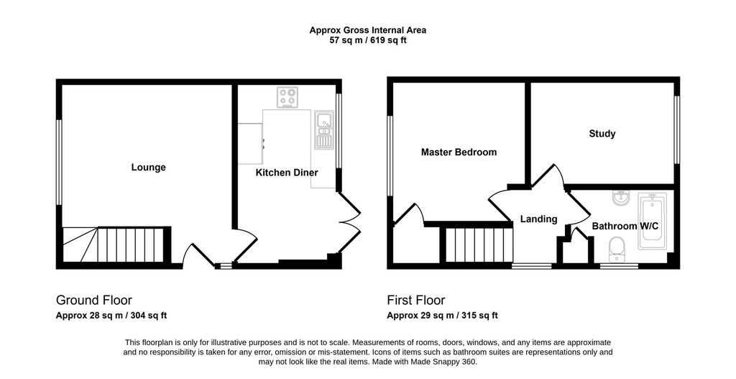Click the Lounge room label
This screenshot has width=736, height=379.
148,167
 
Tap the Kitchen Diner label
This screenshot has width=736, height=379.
287,173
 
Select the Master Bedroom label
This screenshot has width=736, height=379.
459,152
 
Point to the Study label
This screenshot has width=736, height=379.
602,134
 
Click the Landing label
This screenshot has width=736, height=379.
539,219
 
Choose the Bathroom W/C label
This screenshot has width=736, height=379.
625,227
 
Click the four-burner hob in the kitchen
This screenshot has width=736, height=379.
287,98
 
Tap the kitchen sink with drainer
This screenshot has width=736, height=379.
323,129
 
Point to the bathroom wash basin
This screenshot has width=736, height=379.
622,198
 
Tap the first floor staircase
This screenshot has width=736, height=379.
478,245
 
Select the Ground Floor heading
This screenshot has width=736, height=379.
94,300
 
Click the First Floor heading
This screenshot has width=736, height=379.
416,300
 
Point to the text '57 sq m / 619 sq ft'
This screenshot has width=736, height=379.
368,40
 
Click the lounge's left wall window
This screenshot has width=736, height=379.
59,163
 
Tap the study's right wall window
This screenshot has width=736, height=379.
677,130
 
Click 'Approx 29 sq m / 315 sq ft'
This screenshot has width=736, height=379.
442,316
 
